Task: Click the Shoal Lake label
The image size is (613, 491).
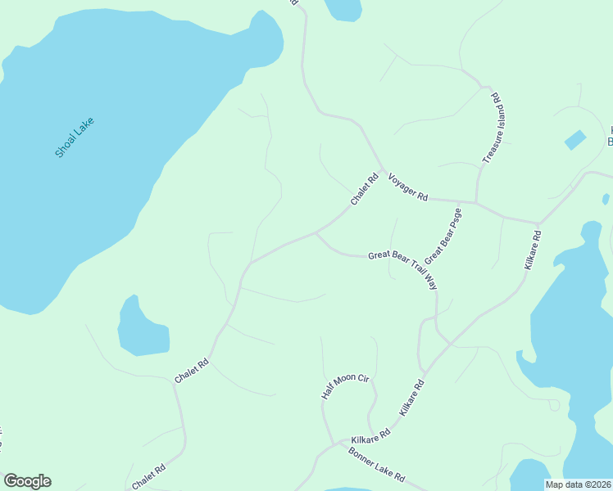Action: (75, 137)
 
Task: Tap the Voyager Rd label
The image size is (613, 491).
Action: (408, 187)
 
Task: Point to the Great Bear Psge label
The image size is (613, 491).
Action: (443, 235)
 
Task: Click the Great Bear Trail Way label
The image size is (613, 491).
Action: (402, 267)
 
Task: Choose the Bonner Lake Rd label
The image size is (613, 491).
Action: (376, 463)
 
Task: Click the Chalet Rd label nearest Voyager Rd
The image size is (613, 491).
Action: (364, 189)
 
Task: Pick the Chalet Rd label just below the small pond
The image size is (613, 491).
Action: (193, 371)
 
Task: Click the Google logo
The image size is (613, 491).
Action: (27, 481)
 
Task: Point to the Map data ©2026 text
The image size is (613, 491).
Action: (578, 484)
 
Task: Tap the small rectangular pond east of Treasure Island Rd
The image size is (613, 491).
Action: (575, 140)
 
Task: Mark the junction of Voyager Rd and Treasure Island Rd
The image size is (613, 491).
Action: (476, 202)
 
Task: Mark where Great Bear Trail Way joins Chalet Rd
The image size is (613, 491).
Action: (316, 232)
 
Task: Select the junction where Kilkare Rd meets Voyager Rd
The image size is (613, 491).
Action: (538, 223)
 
